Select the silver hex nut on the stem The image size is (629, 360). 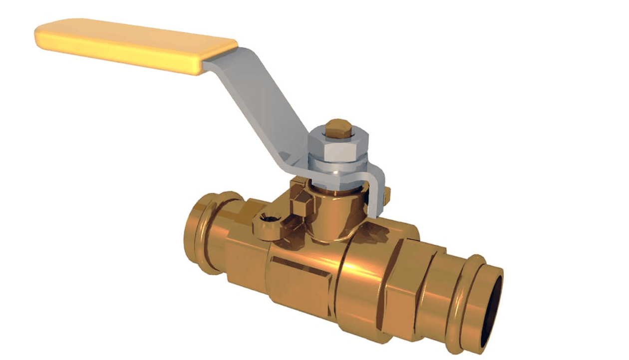click(338, 147)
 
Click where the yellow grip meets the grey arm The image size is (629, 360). click(210, 60)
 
